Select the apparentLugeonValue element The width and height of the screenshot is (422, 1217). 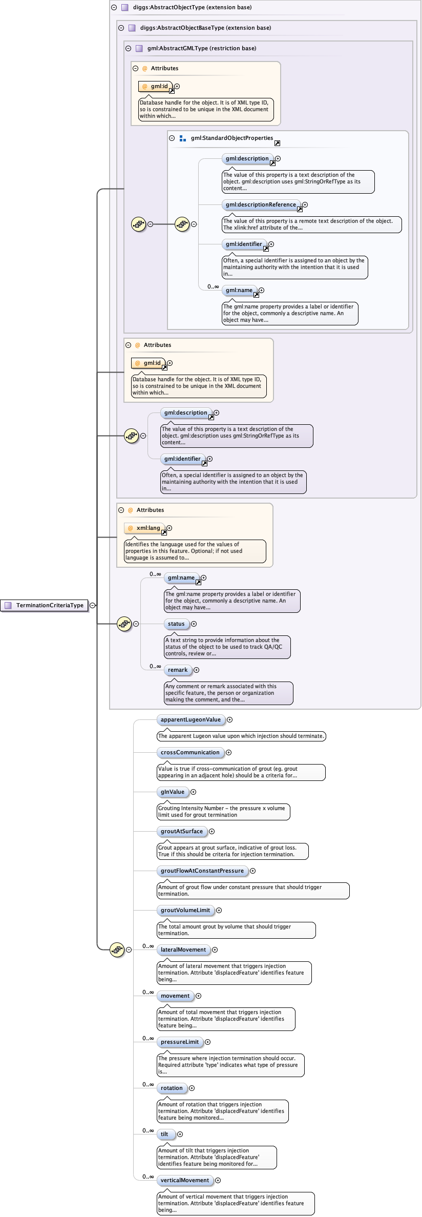(191, 720)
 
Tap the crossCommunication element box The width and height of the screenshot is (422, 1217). (190, 753)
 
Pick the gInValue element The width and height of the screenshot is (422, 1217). (173, 792)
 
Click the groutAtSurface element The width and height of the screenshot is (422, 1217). (182, 832)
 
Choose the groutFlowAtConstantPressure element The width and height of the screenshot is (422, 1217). (202, 871)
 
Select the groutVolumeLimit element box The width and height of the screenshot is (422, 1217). (185, 911)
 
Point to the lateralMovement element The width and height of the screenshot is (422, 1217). (183, 950)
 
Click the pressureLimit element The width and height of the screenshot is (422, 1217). (180, 1042)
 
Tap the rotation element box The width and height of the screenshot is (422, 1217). (172, 1088)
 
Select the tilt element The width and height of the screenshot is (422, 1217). (165, 1135)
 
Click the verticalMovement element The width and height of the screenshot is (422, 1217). (185, 1181)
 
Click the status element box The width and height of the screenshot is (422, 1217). (176, 624)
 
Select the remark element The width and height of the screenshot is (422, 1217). (178, 670)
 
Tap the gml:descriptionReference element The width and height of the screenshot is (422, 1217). (261, 205)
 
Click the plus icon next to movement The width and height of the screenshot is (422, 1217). (198, 996)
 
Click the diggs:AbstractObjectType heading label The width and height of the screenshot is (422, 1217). (192, 8)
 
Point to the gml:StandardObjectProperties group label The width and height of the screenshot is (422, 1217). (232, 138)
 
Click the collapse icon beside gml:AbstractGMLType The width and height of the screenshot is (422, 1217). (129, 49)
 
